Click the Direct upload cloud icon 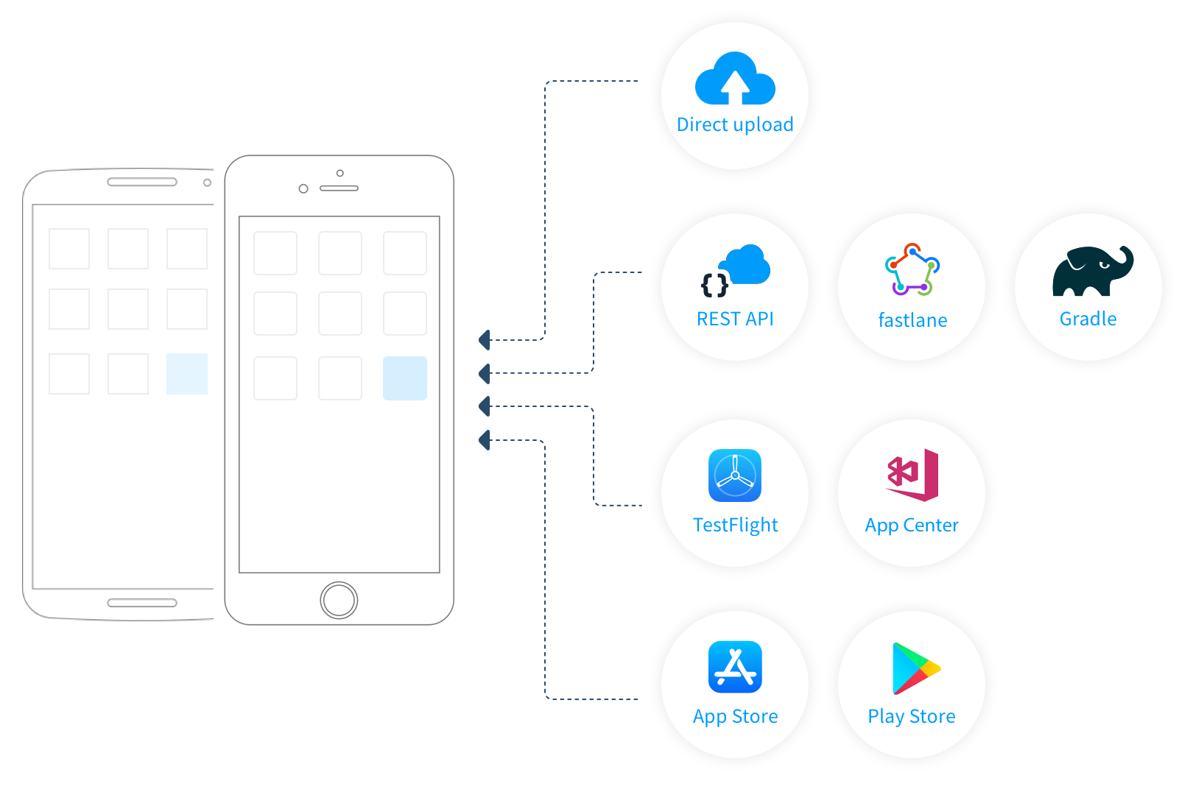pyautogui.click(x=735, y=78)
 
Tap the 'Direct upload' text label pyautogui.click(x=735, y=124)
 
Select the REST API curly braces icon pyautogui.click(x=714, y=285)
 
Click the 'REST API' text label pyautogui.click(x=735, y=319)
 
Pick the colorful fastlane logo pyautogui.click(x=912, y=269)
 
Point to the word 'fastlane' pyautogui.click(x=912, y=320)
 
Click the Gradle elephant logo pyautogui.click(x=1093, y=271)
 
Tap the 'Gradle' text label pyautogui.click(x=1088, y=319)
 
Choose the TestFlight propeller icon pyautogui.click(x=735, y=475)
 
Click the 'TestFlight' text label pyautogui.click(x=735, y=525)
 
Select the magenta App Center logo pyautogui.click(x=912, y=475)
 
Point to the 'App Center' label pyautogui.click(x=912, y=526)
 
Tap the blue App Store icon pyautogui.click(x=735, y=667)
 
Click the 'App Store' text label pyautogui.click(x=735, y=716)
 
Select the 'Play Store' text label pyautogui.click(x=912, y=716)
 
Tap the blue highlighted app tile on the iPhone pyautogui.click(x=405, y=378)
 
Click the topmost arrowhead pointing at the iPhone pyautogui.click(x=484, y=339)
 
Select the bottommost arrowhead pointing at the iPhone pyautogui.click(x=484, y=440)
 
